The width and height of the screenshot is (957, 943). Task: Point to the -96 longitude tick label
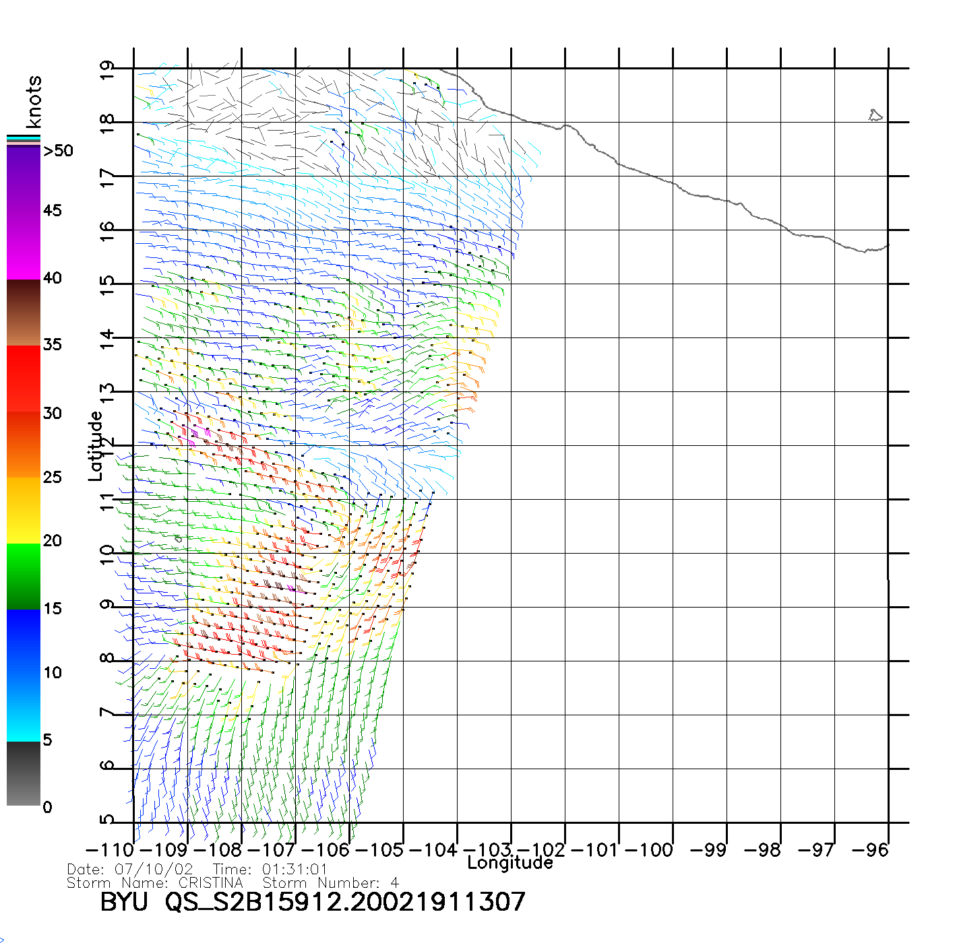tap(870, 850)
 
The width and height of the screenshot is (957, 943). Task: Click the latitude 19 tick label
tap(107, 70)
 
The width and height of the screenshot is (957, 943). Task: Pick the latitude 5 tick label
tap(107, 820)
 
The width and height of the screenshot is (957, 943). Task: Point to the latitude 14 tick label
tap(107, 338)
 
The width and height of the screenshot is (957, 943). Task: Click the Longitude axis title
tap(510, 863)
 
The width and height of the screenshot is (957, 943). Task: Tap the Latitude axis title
tap(96, 446)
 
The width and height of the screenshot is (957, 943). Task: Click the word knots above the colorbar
tap(34, 102)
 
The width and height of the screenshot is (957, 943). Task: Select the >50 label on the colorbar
tap(58, 151)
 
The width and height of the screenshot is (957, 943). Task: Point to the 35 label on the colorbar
tap(53, 345)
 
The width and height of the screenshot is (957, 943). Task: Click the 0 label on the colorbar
tap(47, 807)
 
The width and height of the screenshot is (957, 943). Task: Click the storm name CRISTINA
tap(210, 882)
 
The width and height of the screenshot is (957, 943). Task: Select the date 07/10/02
tap(154, 870)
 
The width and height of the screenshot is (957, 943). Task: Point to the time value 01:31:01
tap(295, 870)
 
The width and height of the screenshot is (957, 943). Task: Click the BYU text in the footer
tap(124, 902)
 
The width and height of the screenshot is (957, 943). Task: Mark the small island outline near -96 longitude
tap(875, 116)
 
